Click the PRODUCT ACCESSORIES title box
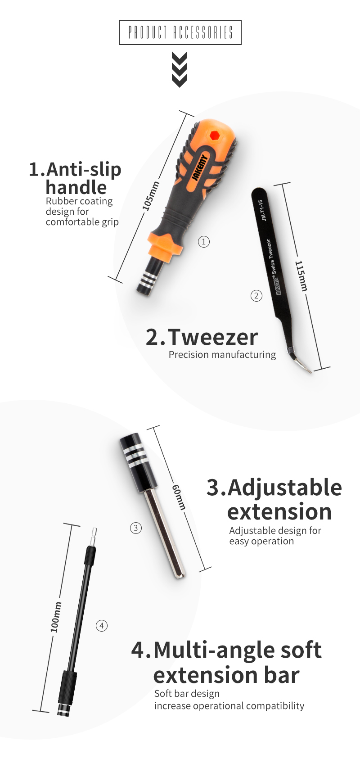[180, 32]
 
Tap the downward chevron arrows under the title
[179, 70]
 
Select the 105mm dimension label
[151, 196]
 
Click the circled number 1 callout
[204, 242]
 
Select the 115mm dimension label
[301, 276]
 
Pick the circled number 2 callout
[256, 296]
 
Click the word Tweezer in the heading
[212, 337]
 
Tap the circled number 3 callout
[136, 528]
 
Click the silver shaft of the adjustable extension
[165, 533]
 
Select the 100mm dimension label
[56, 617]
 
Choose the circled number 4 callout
[102, 626]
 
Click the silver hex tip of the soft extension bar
[93, 537]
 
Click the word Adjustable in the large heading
[284, 488]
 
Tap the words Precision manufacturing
[222, 355]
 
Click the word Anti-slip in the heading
[84, 169]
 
